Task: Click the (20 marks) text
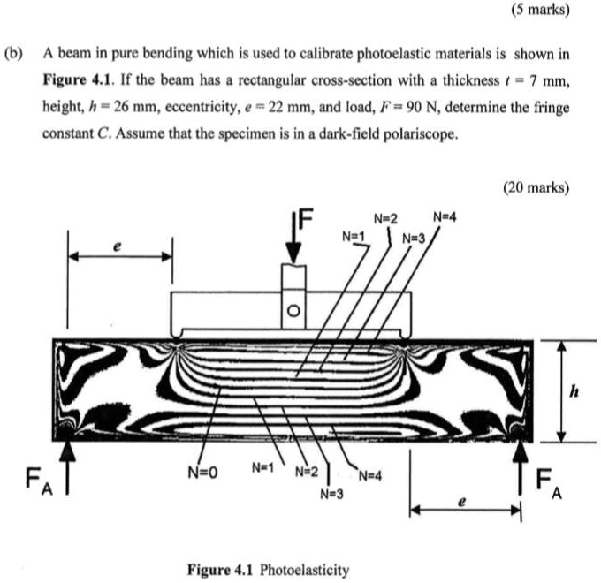(536, 187)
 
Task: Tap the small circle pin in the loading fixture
(294, 311)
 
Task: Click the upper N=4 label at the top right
(445, 217)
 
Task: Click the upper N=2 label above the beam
(385, 219)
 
